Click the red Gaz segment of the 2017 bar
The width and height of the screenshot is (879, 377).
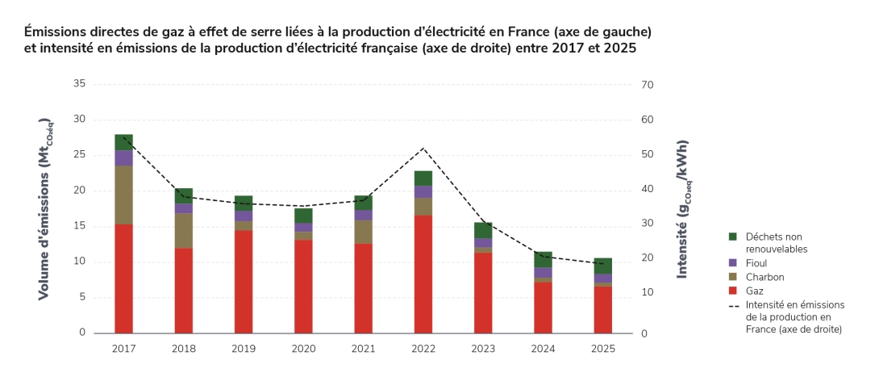(123, 279)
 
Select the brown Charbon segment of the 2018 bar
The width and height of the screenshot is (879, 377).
(184, 231)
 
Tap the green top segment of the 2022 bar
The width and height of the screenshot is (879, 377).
(423, 178)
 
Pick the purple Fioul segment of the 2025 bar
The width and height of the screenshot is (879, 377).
(603, 279)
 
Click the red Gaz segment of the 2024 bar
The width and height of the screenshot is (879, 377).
(544, 308)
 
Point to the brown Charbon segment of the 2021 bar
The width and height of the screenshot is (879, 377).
(364, 232)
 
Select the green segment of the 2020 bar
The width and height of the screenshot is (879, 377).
(303, 216)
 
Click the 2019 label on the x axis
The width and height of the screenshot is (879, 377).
(244, 349)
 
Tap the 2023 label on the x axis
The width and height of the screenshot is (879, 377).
(483, 349)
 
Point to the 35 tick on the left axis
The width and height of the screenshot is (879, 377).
(78, 84)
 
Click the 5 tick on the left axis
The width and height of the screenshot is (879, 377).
(81, 297)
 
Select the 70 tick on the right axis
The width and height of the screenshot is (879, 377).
(647, 85)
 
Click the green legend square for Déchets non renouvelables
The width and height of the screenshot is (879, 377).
(733, 237)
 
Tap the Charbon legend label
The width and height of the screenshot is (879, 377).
(764, 277)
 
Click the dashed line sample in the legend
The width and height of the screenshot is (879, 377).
(733, 305)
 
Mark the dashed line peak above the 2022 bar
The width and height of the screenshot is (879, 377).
(423, 148)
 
